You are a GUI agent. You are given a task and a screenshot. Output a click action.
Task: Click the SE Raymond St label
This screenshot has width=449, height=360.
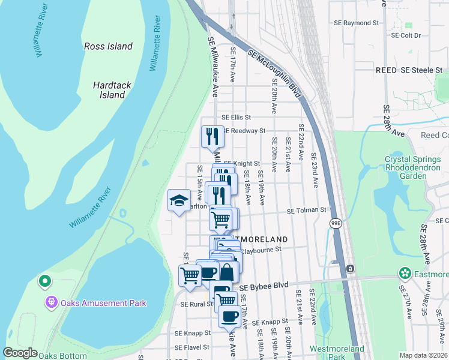pyautogui.click(x=357, y=23)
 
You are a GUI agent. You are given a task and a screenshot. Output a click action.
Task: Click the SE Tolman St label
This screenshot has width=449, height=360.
pyautogui.click(x=306, y=211)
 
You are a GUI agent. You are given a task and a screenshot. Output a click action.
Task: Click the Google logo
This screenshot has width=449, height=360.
pyautogui.click(x=20, y=353)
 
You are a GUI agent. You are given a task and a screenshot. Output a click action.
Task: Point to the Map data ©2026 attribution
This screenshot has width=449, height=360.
pyautogui.click(x=423, y=355)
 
